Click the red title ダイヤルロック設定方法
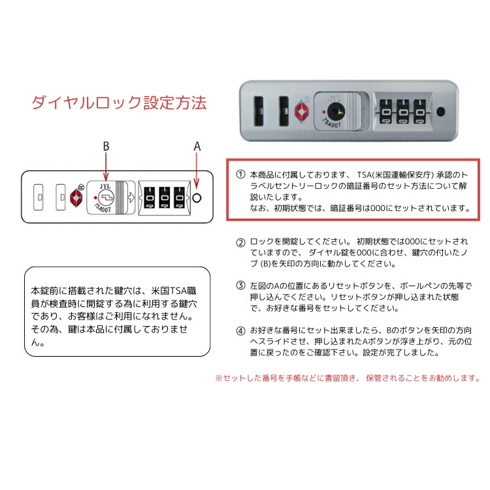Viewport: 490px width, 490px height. click(119, 103)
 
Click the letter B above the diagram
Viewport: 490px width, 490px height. click(106, 146)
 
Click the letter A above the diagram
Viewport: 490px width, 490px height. click(197, 146)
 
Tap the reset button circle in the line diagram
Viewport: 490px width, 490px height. click(197, 198)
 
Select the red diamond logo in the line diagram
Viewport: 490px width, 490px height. click(76, 197)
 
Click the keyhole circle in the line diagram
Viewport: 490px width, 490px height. click(106, 197)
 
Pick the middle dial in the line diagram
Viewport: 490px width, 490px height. click(165, 197)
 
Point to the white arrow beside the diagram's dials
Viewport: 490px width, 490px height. click(131, 197)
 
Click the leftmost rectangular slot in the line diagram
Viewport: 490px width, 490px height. click(38, 197)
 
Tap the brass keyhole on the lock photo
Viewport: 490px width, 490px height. click(336, 112)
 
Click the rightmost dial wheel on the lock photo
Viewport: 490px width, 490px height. click(419, 112)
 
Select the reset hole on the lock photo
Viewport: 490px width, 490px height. click(440, 112)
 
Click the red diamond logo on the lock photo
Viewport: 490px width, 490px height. click(301, 111)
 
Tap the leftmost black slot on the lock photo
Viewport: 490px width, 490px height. click(259, 111)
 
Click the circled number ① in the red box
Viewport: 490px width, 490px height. click(240, 174)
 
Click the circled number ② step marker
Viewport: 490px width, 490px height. click(240, 242)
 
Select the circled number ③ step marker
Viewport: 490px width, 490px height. click(240, 286)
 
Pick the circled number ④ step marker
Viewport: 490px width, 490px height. click(240, 331)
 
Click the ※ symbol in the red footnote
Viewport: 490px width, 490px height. click(218, 378)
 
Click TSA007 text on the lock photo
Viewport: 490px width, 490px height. click(331, 123)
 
